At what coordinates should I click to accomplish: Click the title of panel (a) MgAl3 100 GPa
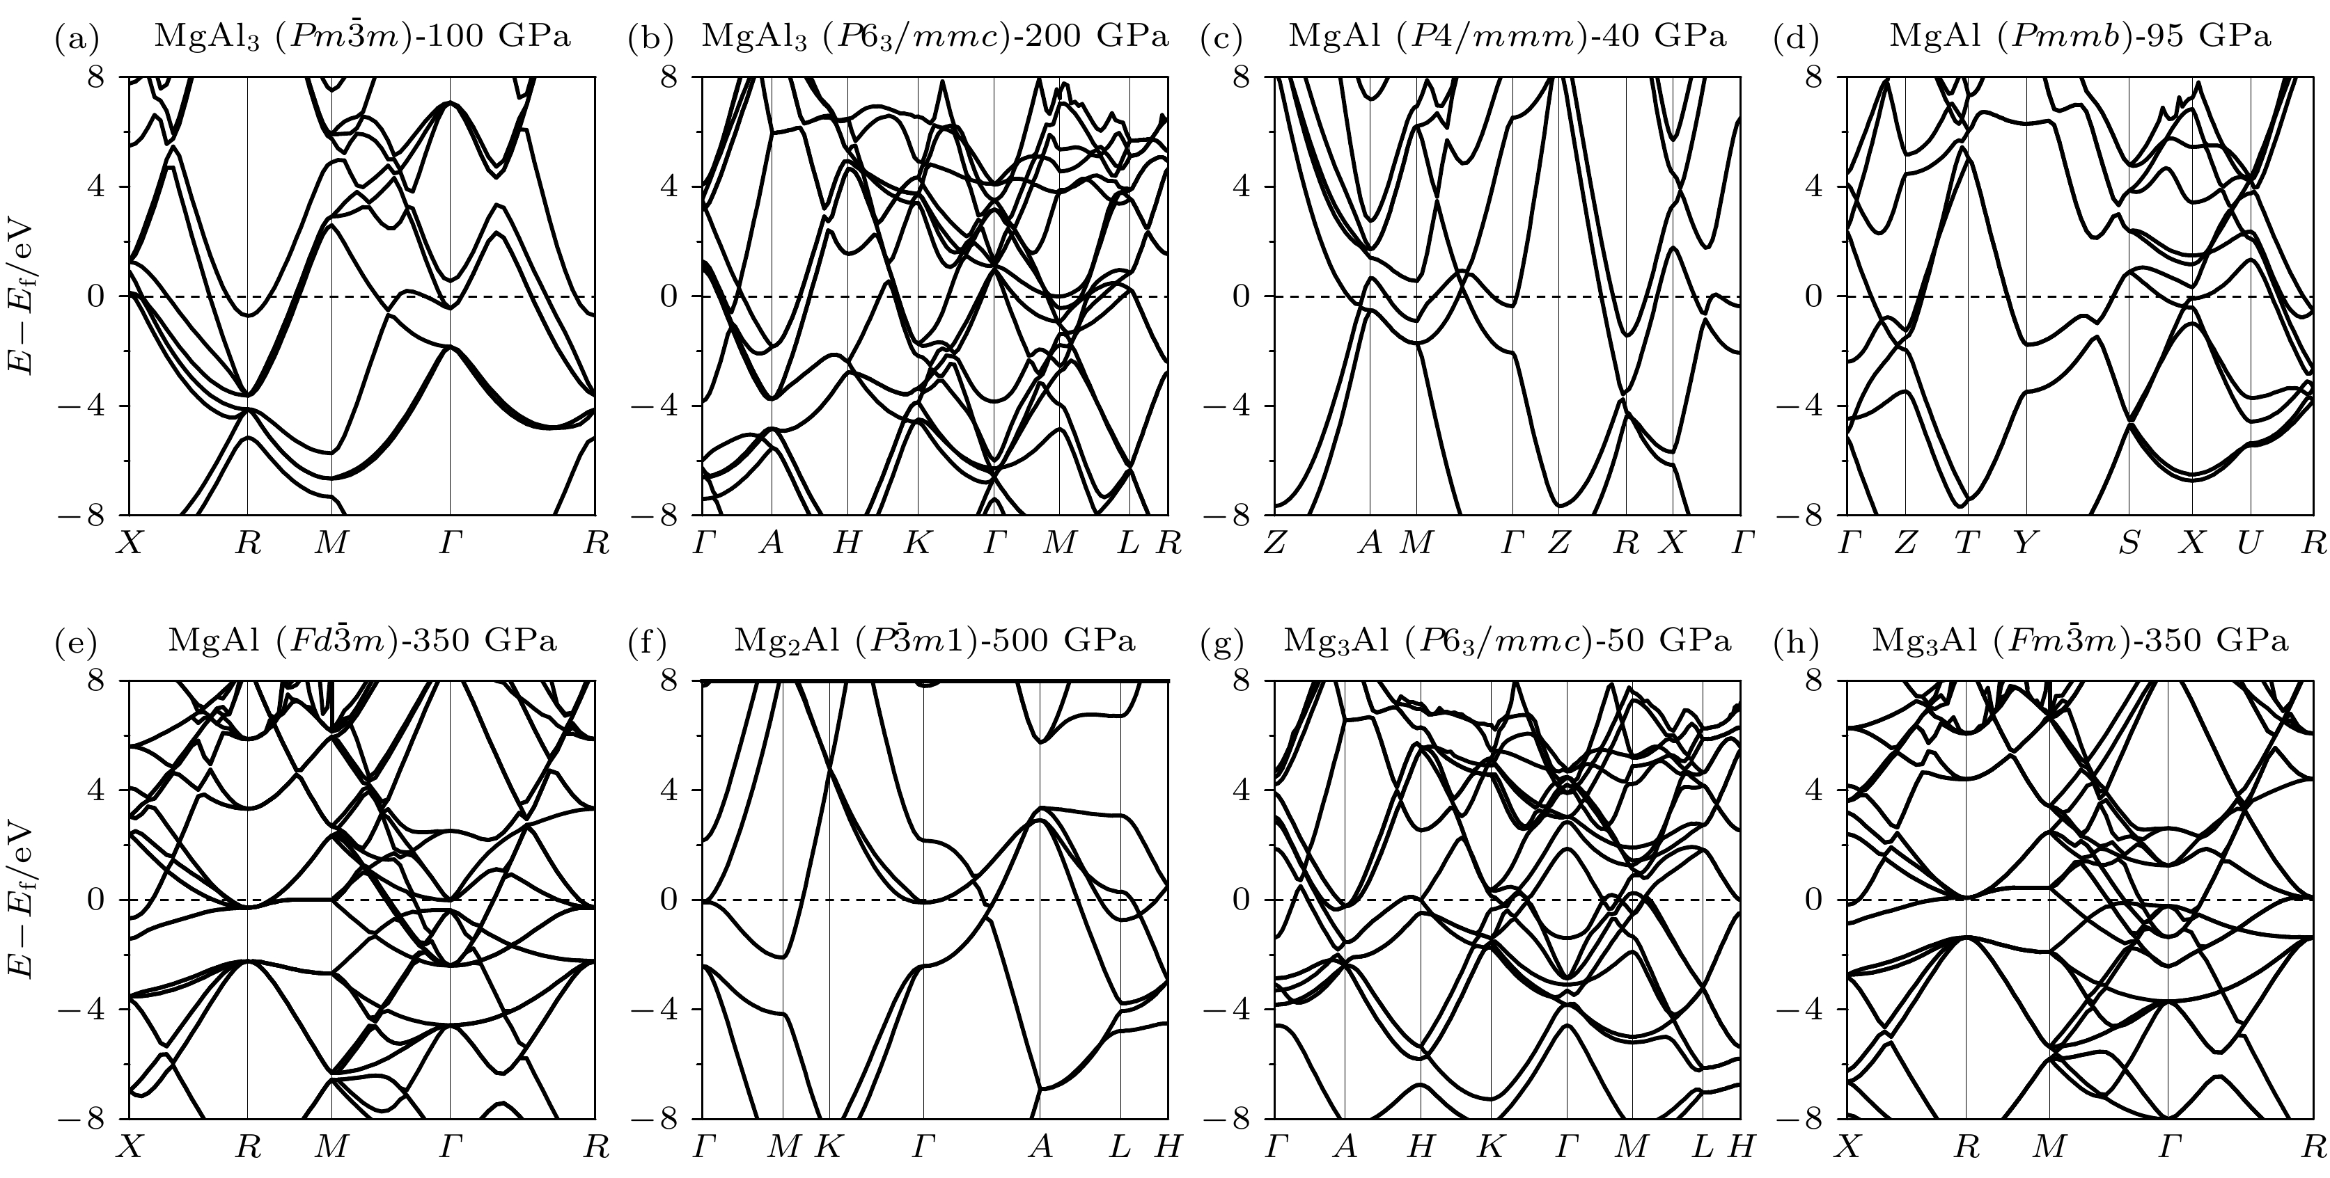tap(363, 37)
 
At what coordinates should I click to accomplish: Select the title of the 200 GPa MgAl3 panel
tap(935, 37)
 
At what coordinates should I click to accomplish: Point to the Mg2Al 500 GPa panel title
tap(935, 641)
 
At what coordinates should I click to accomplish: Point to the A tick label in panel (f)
tap(1041, 1147)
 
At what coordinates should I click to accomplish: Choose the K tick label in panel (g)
tap(1491, 1147)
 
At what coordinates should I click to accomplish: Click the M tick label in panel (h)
tap(2049, 1147)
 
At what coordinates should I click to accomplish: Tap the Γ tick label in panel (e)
tap(450, 1147)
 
